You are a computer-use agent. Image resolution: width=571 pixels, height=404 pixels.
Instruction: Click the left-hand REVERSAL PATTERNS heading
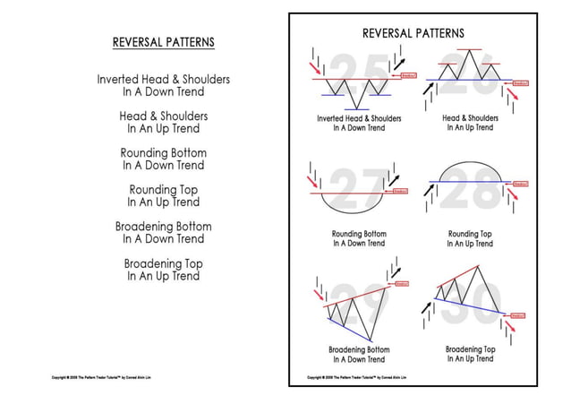coord(163,42)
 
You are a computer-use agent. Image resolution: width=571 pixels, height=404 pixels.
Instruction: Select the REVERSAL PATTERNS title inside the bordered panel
coord(413,33)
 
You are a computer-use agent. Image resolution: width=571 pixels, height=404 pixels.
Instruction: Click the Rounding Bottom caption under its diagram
coord(358,238)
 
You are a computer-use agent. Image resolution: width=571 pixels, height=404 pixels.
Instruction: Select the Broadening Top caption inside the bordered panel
coord(470,354)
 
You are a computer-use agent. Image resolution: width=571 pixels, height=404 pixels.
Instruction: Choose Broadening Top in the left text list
coord(163,270)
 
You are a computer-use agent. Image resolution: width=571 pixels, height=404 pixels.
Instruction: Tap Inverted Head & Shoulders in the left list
coord(163,85)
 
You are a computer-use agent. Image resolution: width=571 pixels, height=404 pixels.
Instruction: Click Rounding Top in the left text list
coord(163,196)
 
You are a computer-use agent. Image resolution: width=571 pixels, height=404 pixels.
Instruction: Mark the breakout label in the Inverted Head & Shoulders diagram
coord(408,76)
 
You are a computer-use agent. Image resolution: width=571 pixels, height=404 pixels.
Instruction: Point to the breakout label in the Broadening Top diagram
coord(518,315)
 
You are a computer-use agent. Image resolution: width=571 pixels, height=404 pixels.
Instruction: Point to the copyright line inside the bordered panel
coord(358,377)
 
